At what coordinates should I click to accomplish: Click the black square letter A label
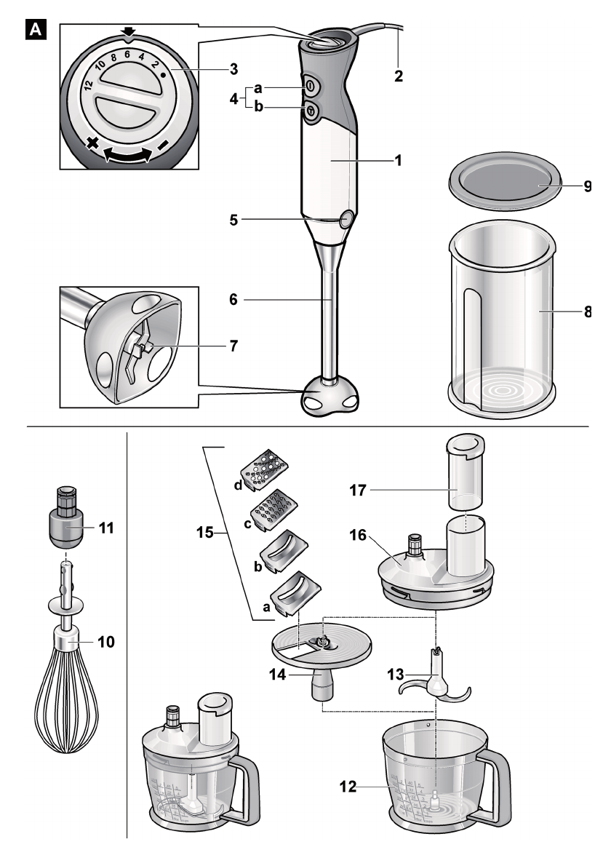click(x=33, y=31)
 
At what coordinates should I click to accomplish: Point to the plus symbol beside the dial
click(x=92, y=145)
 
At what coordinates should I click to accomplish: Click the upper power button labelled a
click(x=310, y=85)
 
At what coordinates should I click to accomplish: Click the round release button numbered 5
click(x=346, y=218)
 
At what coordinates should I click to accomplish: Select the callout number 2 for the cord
click(x=398, y=75)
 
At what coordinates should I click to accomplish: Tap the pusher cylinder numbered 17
click(x=466, y=473)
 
